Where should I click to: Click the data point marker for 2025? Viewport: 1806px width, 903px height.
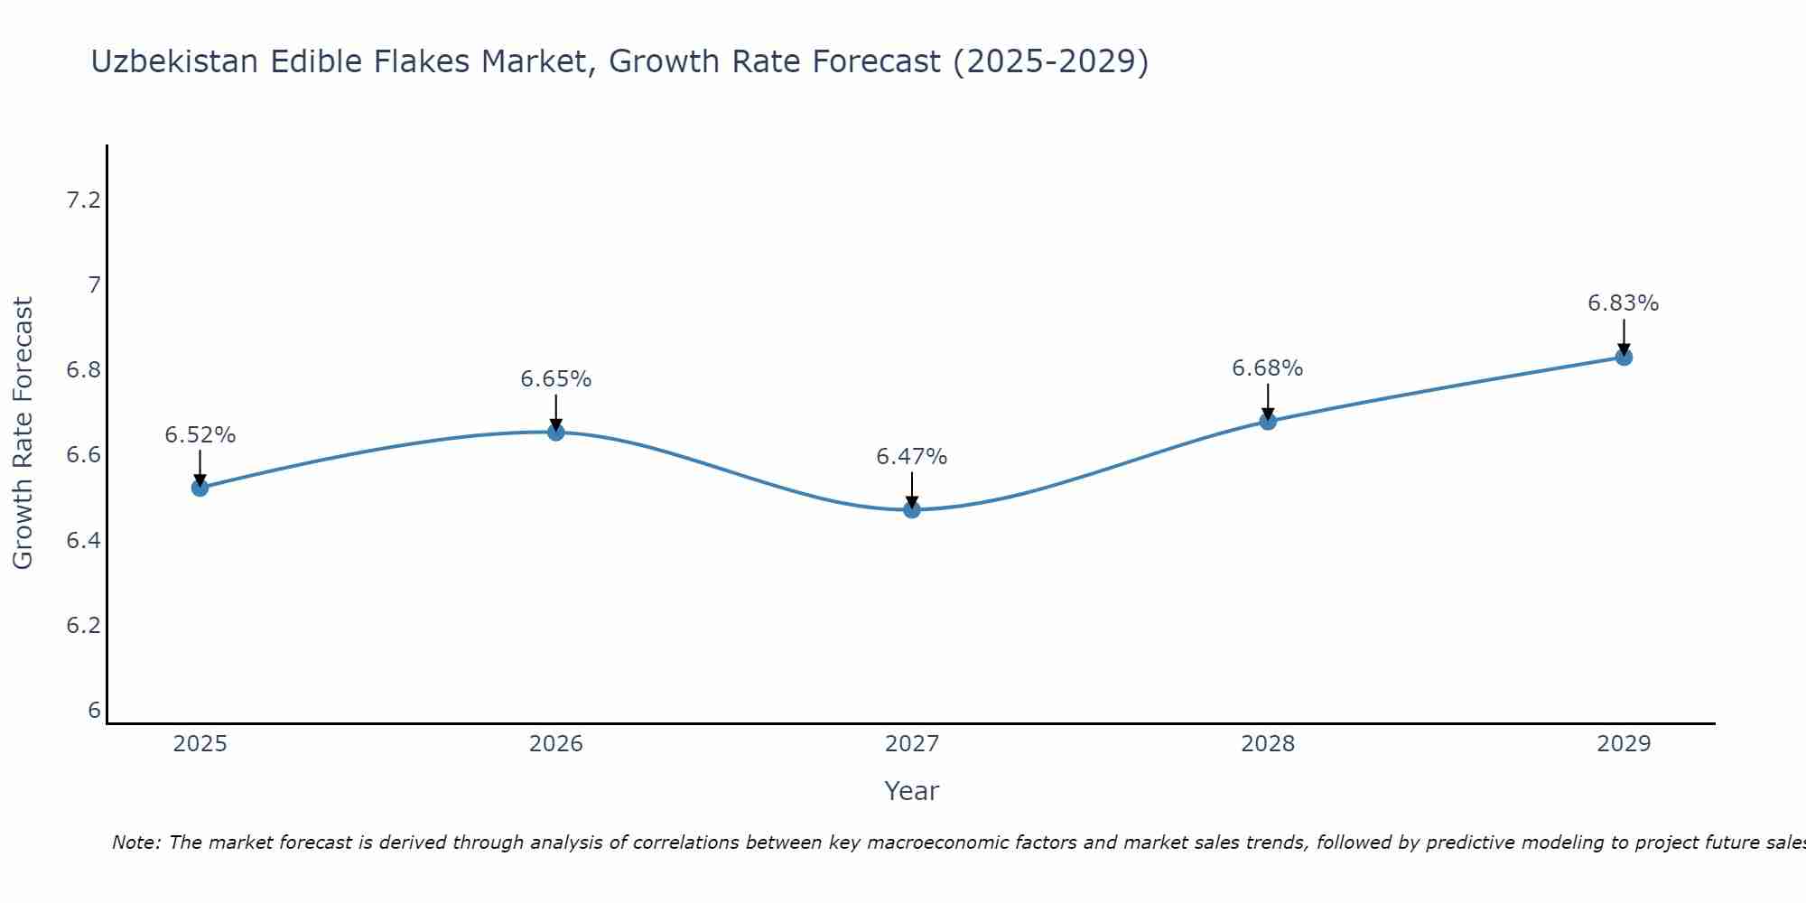click(200, 488)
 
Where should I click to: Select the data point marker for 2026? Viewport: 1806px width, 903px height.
click(555, 433)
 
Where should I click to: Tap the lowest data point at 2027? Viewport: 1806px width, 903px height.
click(911, 509)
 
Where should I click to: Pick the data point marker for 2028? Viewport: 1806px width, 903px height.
click(1267, 421)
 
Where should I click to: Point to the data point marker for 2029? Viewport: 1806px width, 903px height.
click(1623, 357)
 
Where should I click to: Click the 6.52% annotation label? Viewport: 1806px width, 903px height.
click(200, 435)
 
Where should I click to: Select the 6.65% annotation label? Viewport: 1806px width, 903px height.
click(555, 379)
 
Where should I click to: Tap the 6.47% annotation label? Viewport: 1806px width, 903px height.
click(911, 457)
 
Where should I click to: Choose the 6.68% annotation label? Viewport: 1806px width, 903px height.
click(1267, 368)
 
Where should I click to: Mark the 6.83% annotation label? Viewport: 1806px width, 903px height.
click(1623, 303)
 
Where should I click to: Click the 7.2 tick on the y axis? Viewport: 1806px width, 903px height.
click(83, 200)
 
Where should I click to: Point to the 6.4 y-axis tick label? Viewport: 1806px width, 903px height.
click(83, 541)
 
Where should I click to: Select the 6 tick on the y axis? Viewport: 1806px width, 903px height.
click(94, 711)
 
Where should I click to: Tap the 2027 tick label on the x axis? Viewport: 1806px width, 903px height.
click(911, 744)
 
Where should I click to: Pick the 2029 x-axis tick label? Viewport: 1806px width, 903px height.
click(1623, 744)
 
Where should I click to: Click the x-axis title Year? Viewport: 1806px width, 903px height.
click(911, 791)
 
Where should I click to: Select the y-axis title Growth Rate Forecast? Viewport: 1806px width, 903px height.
click(23, 433)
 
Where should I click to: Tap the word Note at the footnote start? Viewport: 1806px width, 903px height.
click(135, 842)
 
